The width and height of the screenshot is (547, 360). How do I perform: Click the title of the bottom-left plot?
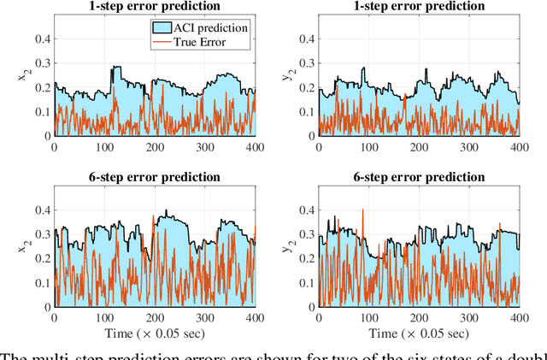point(155,177)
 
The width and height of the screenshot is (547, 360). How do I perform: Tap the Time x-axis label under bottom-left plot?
point(155,332)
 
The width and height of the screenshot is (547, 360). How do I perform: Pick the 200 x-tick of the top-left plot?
point(155,147)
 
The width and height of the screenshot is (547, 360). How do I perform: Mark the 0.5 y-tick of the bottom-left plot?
point(40,186)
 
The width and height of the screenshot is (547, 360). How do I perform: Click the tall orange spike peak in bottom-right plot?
point(362,210)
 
